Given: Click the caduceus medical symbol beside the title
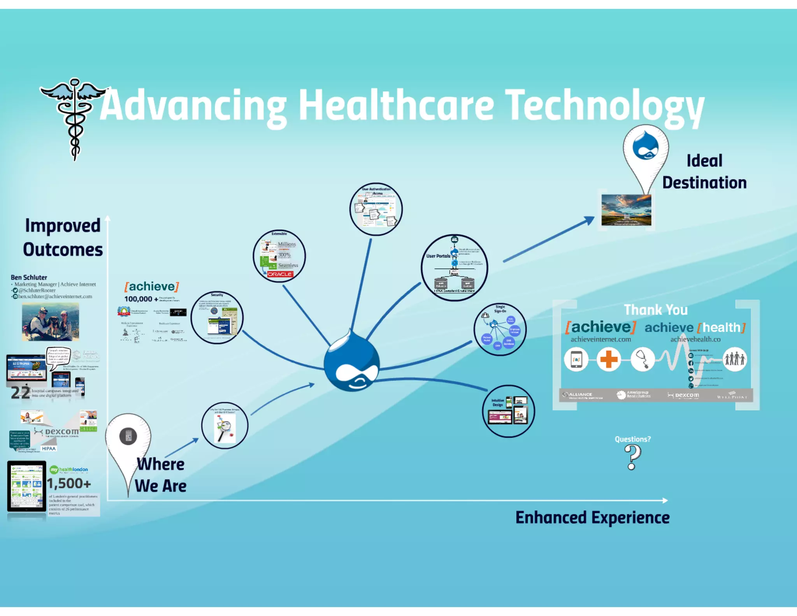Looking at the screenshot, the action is coord(74,117).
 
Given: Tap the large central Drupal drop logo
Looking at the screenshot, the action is coord(352,362).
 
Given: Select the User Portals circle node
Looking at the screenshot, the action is coord(454,268).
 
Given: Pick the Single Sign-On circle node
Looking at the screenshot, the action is coord(500,329).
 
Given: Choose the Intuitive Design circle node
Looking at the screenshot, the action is coord(508,411).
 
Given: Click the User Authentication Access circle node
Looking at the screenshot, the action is coord(376,209).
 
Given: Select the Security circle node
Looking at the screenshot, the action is coord(217,318).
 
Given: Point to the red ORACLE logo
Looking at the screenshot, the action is coord(280,274).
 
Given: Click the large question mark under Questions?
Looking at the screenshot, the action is coord(632,457).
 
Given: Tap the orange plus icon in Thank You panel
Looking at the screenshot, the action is coord(609,359).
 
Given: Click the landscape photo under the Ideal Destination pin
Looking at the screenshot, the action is coord(626,210).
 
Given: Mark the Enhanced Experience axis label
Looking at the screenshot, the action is coord(592,518).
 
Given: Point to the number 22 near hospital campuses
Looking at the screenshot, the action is coord(20,392).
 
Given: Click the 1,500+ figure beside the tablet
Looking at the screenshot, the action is coord(69,484).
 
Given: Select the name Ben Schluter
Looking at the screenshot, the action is coord(29,277).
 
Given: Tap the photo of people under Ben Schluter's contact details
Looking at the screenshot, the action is coord(50,322).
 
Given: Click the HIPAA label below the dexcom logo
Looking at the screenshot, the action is coord(49,449).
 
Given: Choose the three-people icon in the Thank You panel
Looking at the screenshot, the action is coord(734,359).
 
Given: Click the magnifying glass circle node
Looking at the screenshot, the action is coord(225,426).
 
